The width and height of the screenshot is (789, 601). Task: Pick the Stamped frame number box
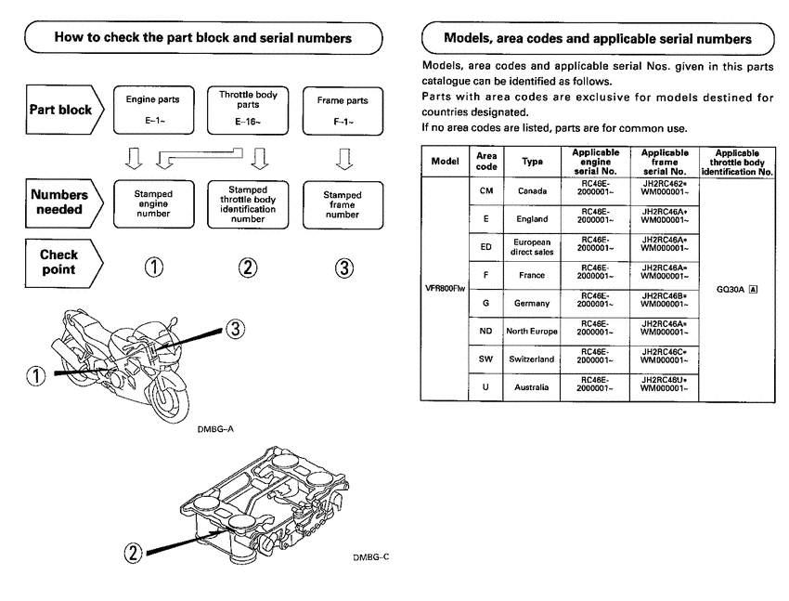(x=343, y=202)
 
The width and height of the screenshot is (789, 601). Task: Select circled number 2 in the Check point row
(x=247, y=268)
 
